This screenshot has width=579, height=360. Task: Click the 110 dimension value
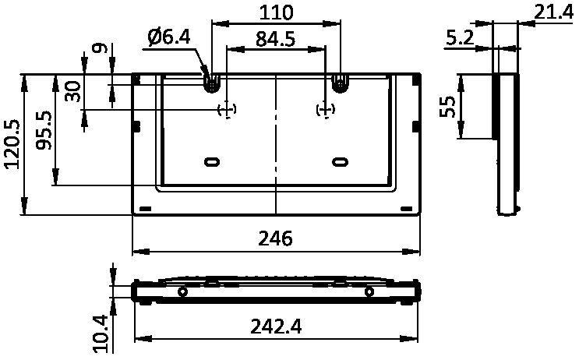(x=276, y=12)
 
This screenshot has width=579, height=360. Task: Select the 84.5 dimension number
(x=275, y=39)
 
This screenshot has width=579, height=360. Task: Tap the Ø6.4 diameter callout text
(x=168, y=37)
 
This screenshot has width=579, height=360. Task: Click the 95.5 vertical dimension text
(x=44, y=130)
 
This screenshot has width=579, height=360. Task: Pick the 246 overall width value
(x=275, y=238)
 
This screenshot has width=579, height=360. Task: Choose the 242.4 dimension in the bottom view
(x=276, y=326)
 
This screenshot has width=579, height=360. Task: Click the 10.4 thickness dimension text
(x=100, y=334)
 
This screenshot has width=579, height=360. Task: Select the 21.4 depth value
(x=553, y=13)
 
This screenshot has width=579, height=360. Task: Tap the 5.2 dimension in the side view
(x=460, y=37)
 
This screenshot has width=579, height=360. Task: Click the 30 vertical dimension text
(x=72, y=92)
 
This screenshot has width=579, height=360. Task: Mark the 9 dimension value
(x=100, y=48)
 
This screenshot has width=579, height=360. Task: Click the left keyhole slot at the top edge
(x=212, y=83)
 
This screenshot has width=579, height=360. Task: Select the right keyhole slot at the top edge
(x=340, y=83)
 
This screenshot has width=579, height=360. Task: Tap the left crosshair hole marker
(x=227, y=109)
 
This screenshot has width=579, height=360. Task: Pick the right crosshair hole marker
(x=325, y=109)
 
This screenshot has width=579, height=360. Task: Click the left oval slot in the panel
(x=212, y=162)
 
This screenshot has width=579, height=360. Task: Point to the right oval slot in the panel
(x=340, y=162)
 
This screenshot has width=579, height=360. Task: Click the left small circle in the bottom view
(x=182, y=291)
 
